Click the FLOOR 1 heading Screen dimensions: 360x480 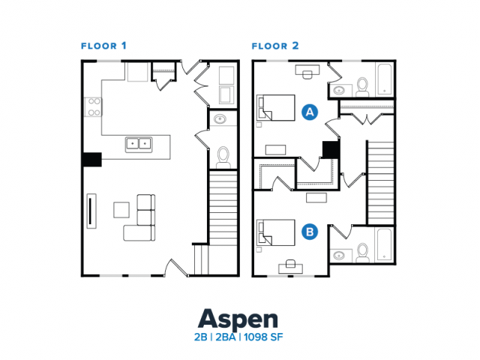pos(103,46)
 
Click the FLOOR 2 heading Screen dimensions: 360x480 pos(275,46)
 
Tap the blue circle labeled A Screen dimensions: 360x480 pos(309,112)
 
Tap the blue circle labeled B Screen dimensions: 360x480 pos(309,232)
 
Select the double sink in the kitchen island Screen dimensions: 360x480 pos(137,142)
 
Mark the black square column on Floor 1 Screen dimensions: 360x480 pos(91,159)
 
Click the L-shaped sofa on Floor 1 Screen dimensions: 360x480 pos(141,220)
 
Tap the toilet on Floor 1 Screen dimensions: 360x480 pos(223,155)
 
